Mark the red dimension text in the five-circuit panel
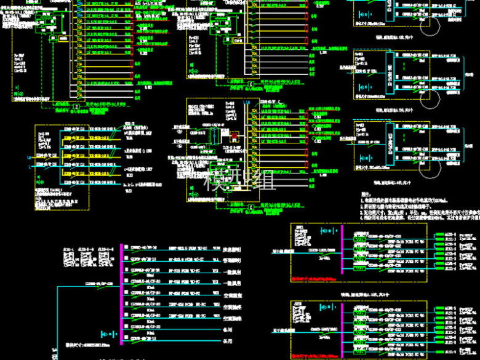click(314, 356)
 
